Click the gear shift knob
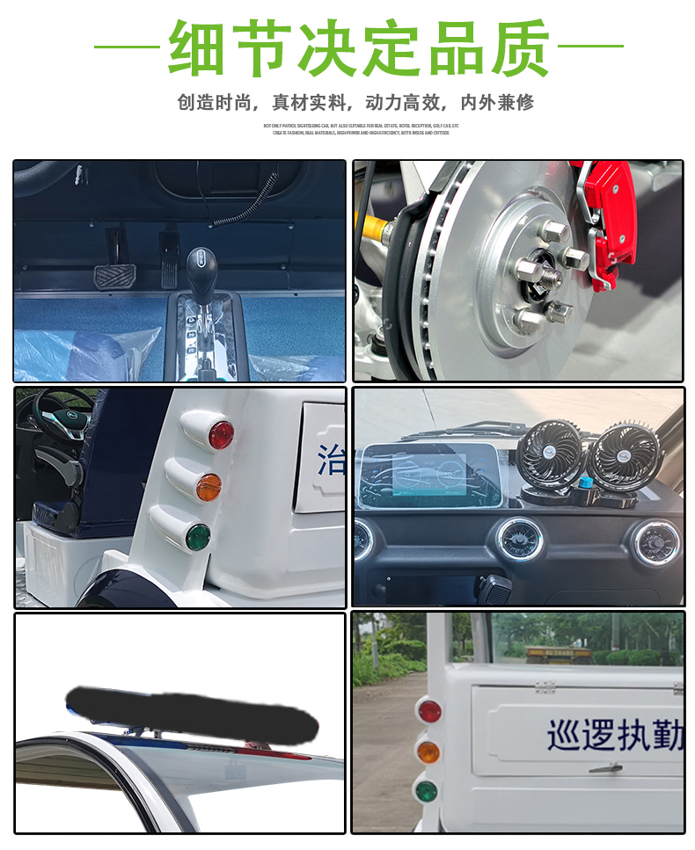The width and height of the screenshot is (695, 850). (200, 263)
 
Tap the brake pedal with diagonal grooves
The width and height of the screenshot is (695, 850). (112, 278)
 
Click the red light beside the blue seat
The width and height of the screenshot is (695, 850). (220, 434)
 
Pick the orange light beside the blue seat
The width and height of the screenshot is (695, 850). (208, 486)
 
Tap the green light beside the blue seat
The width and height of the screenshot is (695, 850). (197, 536)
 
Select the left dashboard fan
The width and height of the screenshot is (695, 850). (548, 454)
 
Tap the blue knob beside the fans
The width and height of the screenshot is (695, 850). (584, 483)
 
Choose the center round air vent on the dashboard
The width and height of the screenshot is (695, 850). (518, 539)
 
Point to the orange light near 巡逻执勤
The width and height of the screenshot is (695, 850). (428, 752)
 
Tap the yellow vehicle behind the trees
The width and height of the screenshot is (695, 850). (558, 653)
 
